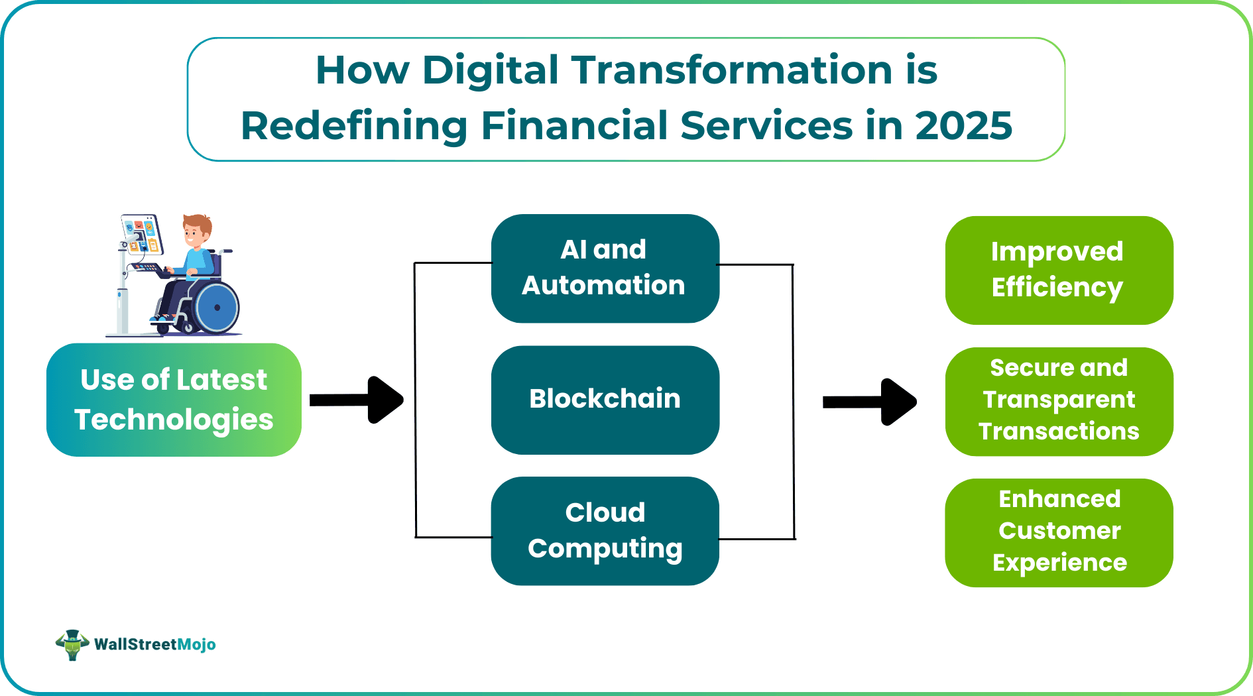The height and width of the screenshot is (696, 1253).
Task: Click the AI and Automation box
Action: point(605,268)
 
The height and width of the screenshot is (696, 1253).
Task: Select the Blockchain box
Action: point(605,400)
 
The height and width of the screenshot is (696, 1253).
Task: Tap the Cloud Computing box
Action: point(605,530)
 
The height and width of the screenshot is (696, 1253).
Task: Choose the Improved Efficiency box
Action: point(1059,270)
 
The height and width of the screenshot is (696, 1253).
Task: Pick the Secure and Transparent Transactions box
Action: point(1059,401)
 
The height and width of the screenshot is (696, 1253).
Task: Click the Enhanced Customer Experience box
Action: point(1059,532)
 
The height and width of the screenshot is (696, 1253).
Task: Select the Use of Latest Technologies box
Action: point(174,400)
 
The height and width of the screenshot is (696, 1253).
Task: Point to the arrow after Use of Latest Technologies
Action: point(358,400)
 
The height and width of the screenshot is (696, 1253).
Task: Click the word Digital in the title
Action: point(491,70)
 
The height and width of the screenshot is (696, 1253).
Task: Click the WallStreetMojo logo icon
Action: point(72,644)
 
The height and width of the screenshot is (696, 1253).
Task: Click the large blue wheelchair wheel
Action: point(217,307)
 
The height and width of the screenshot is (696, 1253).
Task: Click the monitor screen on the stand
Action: point(142,234)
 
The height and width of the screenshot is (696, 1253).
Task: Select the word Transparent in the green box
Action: point(1059,400)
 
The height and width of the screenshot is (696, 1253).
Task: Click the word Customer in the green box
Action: point(1059,531)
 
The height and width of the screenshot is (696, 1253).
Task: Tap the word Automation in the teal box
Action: point(603,286)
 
